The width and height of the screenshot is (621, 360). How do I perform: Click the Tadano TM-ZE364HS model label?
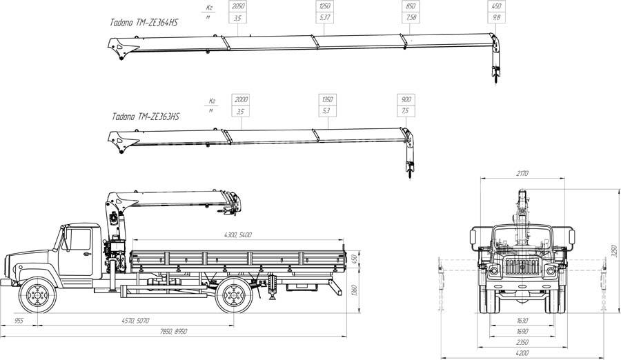[144, 23]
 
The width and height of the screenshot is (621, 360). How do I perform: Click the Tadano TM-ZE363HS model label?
[146, 117]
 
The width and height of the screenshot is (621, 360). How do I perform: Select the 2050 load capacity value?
[238, 6]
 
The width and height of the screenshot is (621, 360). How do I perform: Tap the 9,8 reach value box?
[496, 17]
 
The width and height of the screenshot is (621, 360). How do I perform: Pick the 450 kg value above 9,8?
[496, 6]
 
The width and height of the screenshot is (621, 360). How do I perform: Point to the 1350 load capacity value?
[328, 99]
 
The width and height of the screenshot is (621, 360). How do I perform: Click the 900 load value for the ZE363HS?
[406, 99]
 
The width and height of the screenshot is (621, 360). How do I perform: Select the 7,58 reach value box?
[411, 17]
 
